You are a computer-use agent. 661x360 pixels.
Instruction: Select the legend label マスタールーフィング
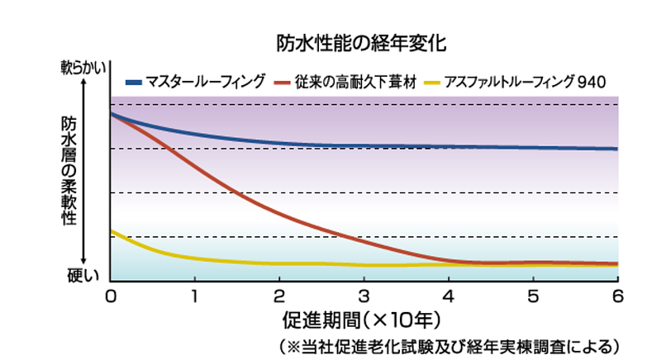click(x=206, y=82)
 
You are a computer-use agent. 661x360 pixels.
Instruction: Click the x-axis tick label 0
click(x=111, y=295)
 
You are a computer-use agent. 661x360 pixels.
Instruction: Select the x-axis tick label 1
click(x=195, y=295)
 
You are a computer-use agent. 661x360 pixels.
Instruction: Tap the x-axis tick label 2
click(x=279, y=295)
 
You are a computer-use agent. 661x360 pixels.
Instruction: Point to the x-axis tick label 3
click(x=364, y=295)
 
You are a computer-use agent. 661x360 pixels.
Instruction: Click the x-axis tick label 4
click(x=449, y=295)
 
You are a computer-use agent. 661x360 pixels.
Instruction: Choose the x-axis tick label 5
click(x=533, y=295)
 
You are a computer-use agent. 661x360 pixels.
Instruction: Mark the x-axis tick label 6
click(x=616, y=295)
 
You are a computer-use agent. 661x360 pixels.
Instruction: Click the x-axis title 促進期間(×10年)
click(x=364, y=318)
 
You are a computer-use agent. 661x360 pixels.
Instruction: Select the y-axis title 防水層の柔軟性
click(x=69, y=169)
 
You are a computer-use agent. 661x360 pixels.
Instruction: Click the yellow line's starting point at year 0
click(x=112, y=231)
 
